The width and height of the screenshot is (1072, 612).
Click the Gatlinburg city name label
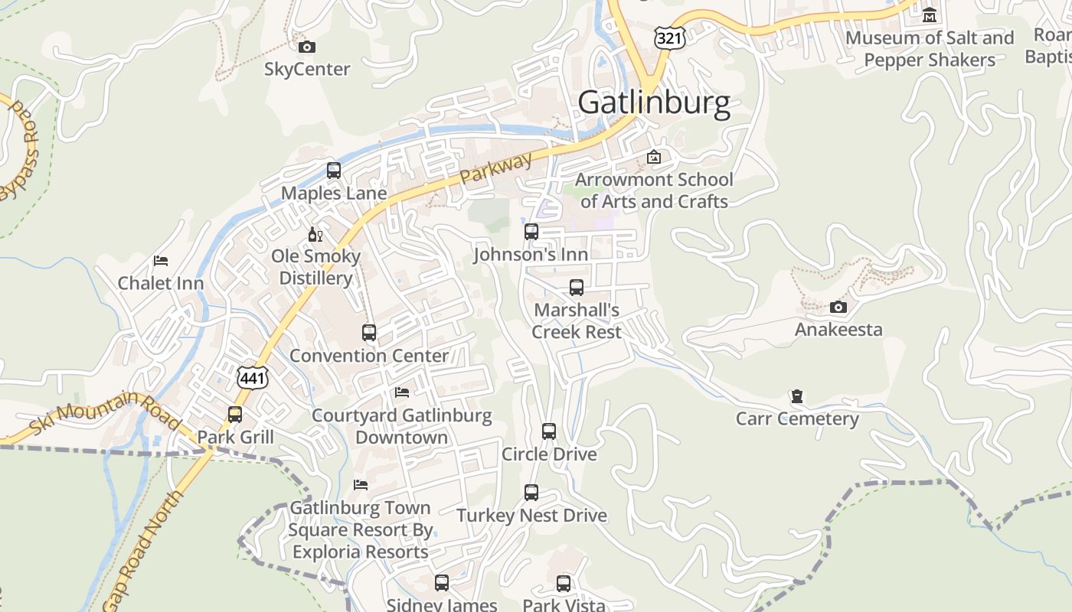(654, 103)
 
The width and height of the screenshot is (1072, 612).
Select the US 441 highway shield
(250, 376)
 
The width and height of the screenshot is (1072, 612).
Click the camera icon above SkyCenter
(307, 47)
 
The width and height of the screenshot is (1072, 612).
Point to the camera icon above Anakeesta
(838, 308)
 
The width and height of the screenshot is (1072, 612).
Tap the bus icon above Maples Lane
(334, 171)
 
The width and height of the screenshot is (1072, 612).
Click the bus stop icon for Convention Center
(369, 333)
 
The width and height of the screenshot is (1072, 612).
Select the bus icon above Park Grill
(235, 415)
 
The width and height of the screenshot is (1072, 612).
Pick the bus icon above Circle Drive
(549, 431)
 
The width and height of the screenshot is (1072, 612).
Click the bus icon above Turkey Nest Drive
(531, 493)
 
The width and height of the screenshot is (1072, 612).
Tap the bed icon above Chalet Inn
(161, 261)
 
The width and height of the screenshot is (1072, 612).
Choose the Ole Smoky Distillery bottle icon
(315, 234)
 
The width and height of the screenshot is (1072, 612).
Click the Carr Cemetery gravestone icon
(797, 397)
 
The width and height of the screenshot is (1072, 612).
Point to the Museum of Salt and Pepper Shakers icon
(930, 15)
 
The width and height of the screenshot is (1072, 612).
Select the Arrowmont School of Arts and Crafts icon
(654, 158)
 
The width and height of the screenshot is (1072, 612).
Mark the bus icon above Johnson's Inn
(531, 232)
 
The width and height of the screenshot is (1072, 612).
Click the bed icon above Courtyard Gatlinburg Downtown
(402, 392)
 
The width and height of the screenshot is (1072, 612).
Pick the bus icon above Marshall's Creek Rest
(577, 288)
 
